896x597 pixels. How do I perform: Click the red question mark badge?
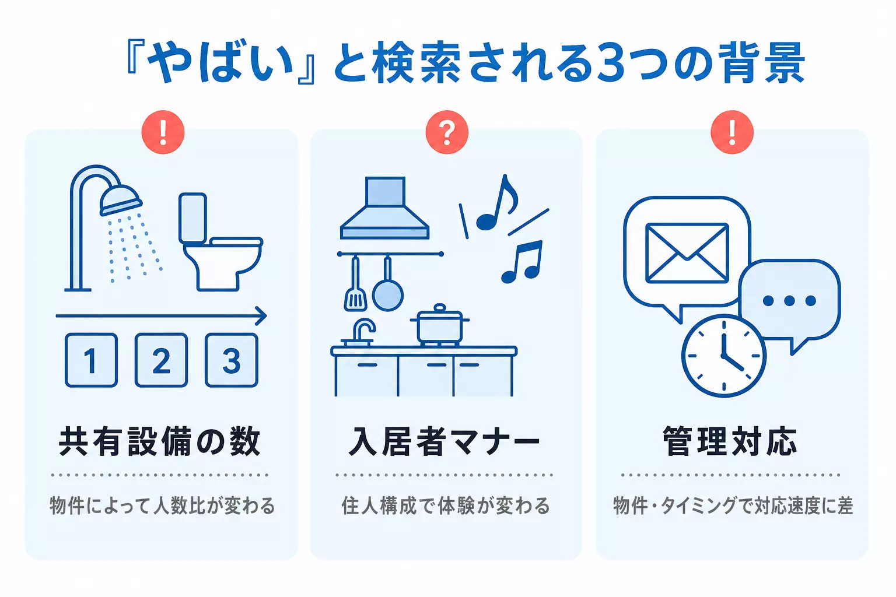click(x=447, y=132)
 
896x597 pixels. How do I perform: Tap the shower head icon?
click(x=120, y=199)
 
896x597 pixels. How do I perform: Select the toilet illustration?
click(x=220, y=242)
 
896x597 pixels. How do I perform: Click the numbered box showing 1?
click(x=91, y=360)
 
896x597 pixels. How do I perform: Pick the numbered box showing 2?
click(x=161, y=360)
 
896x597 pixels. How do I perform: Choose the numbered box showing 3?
click(x=232, y=360)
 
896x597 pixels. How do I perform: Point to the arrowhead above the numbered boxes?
click(x=261, y=316)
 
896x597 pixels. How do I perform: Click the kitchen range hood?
click(x=385, y=208)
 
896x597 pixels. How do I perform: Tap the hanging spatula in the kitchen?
click(x=355, y=284)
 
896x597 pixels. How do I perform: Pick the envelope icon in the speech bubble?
click(x=687, y=253)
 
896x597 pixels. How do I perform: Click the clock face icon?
click(x=723, y=356)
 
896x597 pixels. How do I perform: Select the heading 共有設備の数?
click(x=160, y=441)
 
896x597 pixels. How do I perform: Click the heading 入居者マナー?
click(x=444, y=441)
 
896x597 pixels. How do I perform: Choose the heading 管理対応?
click(x=730, y=441)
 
